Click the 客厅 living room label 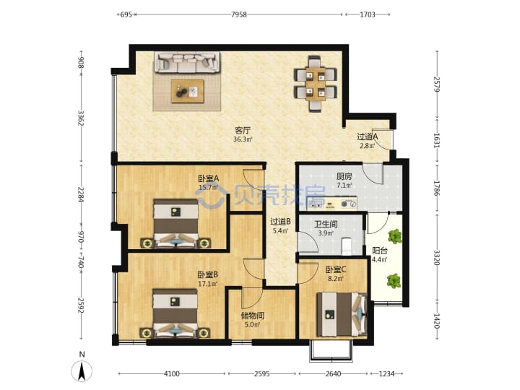[243, 130]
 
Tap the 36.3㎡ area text [243, 139]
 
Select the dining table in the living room [316, 84]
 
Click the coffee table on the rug [187, 91]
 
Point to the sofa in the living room [187, 62]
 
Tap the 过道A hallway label [367, 136]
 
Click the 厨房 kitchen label [344, 176]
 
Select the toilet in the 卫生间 [346, 246]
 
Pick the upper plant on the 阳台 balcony [394, 236]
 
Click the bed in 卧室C [342, 314]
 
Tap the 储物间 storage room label [253, 316]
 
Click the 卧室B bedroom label [207, 275]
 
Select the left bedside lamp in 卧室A [147, 244]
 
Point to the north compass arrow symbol [82, 370]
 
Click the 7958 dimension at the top [239, 14]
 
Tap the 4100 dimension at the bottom [172, 374]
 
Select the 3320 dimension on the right [437, 257]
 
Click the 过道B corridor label [280, 222]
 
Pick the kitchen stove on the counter [348, 204]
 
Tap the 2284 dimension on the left [81, 195]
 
